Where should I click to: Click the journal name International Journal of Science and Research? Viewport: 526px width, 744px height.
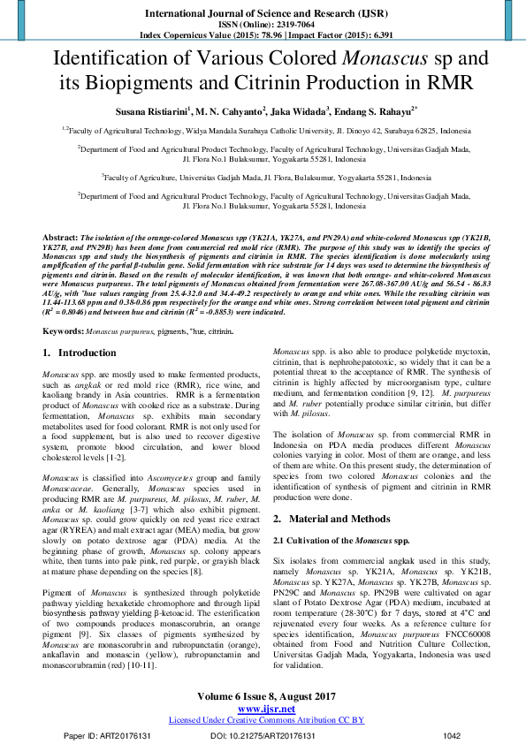pyautogui.click(x=263, y=14)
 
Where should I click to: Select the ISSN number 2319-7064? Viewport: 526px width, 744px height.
pyautogui.click(x=282, y=26)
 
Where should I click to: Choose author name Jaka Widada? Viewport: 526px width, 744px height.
pyautogui.click(x=297, y=112)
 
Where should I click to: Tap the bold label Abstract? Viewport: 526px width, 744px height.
pyautogui.click(x=60, y=239)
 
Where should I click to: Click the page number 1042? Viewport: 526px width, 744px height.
pyautogui.click(x=452, y=735)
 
